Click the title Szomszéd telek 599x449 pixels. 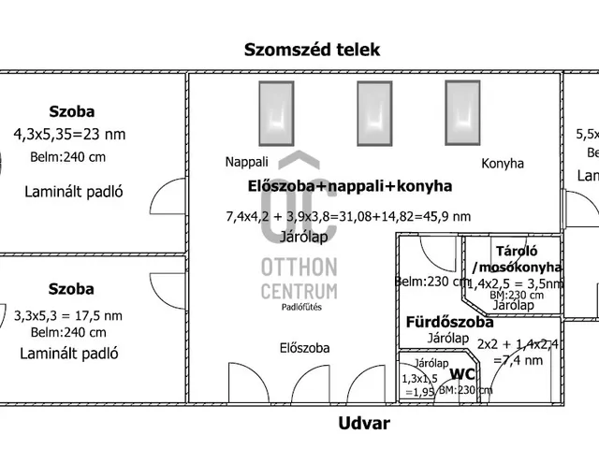(x=312, y=50)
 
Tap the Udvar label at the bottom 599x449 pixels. (x=363, y=424)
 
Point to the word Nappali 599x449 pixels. (x=246, y=162)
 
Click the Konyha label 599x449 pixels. (x=503, y=163)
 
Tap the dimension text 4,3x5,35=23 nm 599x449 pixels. (x=69, y=134)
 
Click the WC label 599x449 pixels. (x=463, y=374)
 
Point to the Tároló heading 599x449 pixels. (x=515, y=251)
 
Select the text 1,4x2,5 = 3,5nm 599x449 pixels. (x=515, y=282)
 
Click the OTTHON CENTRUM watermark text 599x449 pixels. (x=298, y=279)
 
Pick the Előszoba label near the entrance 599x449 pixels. (x=305, y=348)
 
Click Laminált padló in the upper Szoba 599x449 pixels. (x=73, y=193)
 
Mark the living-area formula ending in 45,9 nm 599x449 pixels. (x=349, y=217)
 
